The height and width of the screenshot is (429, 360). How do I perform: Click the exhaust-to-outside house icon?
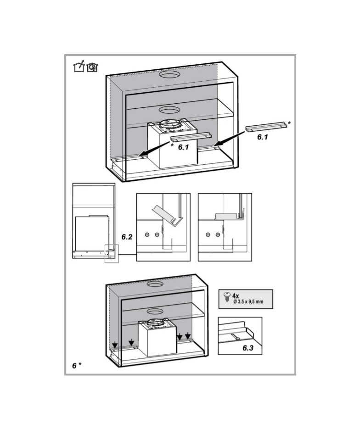tap(79, 66)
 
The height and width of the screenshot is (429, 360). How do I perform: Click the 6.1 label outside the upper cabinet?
tap(262, 137)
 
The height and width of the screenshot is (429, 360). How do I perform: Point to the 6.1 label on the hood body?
tap(183, 147)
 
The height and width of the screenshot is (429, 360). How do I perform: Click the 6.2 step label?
tap(127, 237)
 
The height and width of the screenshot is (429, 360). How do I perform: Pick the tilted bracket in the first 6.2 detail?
tap(166, 216)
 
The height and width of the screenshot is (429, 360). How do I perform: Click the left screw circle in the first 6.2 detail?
tap(147, 234)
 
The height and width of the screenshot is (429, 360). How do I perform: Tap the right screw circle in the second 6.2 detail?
tap(218, 234)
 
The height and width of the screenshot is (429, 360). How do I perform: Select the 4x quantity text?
tap(236, 295)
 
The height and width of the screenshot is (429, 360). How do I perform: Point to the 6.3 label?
tap(248, 348)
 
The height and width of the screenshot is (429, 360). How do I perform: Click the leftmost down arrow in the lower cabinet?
tap(115, 345)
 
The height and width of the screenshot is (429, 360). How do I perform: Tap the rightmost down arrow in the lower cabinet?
tap(187, 335)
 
